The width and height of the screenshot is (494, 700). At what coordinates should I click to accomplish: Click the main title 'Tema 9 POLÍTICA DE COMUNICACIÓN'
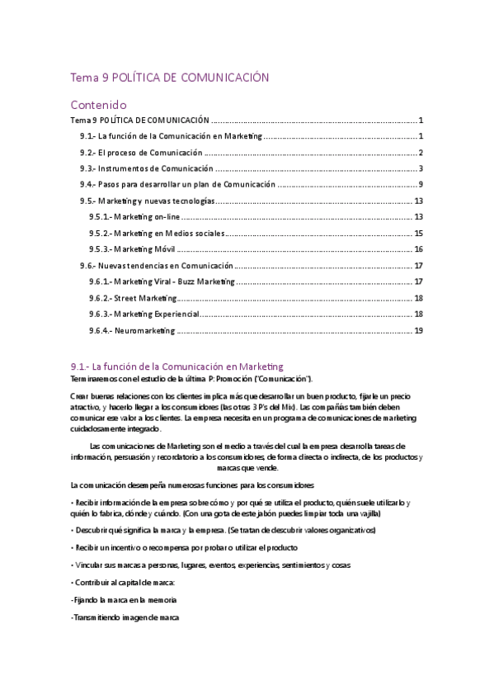point(169,78)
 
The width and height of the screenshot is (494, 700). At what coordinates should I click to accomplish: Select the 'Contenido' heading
point(97,105)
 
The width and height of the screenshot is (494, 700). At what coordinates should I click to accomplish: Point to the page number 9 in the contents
point(421,184)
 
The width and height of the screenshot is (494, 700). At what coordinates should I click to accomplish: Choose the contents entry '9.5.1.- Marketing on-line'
point(134,216)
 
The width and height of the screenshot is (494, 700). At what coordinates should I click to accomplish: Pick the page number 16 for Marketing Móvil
point(418,249)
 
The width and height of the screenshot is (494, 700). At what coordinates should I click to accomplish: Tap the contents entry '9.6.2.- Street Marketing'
point(133,298)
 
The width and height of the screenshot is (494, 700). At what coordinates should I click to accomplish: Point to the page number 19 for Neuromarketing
point(418,330)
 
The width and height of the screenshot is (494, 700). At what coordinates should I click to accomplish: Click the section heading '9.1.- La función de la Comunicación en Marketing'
point(177,366)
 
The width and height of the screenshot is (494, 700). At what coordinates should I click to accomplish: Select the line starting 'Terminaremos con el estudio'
point(192,378)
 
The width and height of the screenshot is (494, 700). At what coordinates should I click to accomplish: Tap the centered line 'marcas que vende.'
point(245,466)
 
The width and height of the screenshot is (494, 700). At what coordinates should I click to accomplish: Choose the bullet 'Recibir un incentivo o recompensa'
point(184,547)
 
